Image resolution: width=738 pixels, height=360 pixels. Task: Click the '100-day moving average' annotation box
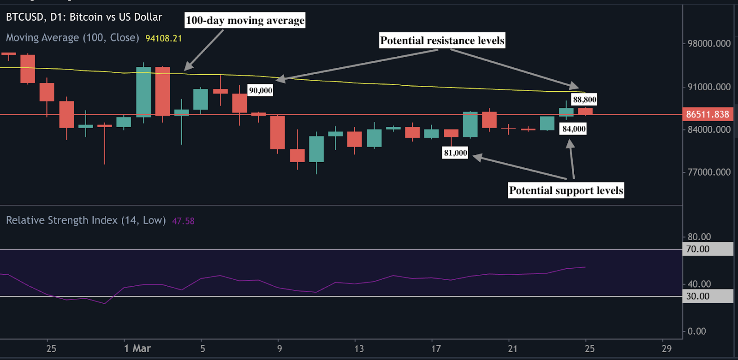245,20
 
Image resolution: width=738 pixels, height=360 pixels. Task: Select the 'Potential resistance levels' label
442,41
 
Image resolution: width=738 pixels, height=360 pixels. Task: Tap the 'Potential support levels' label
566,190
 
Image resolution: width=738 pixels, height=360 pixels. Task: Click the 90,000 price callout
261,90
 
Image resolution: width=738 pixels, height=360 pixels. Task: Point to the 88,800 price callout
584,100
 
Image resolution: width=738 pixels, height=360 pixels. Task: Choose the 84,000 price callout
574,129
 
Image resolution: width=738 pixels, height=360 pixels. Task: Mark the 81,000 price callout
455,153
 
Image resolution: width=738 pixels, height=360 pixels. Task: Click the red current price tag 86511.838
708,114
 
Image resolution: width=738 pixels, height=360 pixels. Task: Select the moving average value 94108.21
164,38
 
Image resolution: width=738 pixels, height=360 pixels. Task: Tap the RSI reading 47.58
183,221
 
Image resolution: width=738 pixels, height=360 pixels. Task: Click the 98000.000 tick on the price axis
709,44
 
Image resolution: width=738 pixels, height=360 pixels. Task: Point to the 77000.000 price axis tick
709,172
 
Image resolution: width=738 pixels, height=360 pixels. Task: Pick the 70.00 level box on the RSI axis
707,249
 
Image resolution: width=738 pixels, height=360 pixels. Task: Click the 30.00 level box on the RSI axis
707,296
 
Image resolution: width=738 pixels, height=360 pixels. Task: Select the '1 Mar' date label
137,349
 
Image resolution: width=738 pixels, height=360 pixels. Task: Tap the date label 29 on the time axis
667,349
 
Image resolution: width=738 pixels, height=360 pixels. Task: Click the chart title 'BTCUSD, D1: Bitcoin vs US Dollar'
84,18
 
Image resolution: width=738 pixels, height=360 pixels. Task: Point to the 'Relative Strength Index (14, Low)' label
86,220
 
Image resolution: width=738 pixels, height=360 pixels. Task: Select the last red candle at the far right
585,111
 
